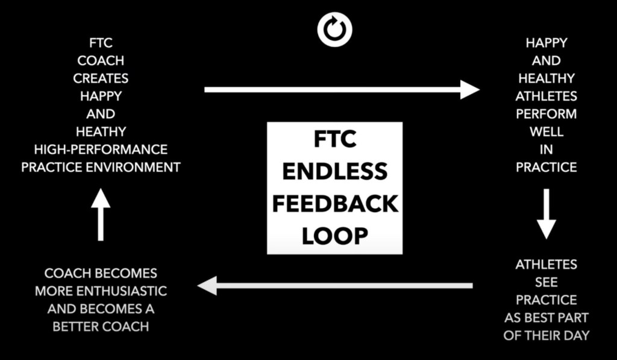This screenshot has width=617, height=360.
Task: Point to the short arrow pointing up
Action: click(101, 215)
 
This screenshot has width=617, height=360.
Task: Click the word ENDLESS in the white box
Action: click(334, 171)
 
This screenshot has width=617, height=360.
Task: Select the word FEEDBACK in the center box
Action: click(335, 204)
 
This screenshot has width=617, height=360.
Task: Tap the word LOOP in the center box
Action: click(334, 236)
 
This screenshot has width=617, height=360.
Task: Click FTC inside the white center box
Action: click(335, 139)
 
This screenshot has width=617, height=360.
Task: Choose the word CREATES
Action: click(101, 78)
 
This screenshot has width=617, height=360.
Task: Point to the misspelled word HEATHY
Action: click(101, 131)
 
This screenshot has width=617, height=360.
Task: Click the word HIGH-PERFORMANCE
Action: click(101, 149)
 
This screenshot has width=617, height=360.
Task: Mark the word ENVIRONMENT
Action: click(139, 167)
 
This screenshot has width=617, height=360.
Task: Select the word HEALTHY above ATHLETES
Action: click(546, 78)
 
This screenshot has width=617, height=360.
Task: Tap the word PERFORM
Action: click(546, 113)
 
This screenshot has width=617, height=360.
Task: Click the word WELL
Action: click(546, 131)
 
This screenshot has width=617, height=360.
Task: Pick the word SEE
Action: click(546, 282)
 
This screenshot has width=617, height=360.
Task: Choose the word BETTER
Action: click(79, 326)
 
